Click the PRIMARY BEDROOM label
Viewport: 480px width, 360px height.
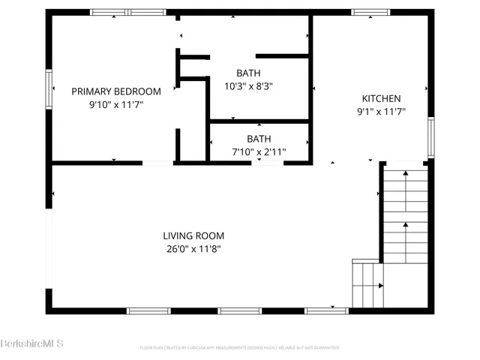(115, 91)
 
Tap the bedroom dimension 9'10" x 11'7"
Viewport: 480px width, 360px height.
(115, 105)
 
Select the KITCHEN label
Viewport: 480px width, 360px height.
(381, 98)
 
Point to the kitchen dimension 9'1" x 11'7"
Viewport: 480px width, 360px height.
(381, 112)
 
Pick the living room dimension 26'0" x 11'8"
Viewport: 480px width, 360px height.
(194, 249)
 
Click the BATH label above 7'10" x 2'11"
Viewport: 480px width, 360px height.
(259, 139)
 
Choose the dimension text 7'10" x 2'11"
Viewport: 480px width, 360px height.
(259, 152)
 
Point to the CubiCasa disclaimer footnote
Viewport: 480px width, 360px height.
(239, 348)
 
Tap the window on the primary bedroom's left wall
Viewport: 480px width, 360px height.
(49, 88)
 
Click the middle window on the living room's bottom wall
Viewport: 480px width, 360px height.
(239, 310)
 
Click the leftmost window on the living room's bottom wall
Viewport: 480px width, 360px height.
(148, 310)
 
